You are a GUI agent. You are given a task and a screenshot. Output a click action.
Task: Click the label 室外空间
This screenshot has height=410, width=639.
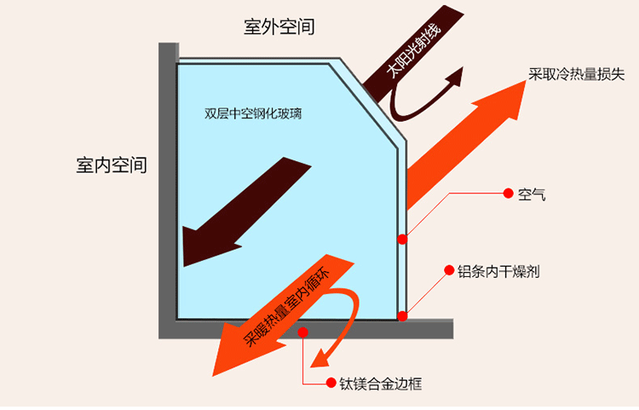279,26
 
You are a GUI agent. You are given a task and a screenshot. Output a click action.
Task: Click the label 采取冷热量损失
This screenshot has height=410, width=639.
577,74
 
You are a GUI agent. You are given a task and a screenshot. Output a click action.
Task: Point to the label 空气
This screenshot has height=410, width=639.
531,193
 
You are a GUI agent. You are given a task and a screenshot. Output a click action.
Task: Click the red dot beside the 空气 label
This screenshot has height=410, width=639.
508,193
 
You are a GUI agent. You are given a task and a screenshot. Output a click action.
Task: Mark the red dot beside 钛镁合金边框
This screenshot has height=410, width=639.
332,384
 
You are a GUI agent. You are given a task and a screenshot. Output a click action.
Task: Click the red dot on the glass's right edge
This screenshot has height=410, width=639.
401,240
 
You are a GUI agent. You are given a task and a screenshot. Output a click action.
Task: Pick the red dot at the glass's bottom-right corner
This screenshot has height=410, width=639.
403,316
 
